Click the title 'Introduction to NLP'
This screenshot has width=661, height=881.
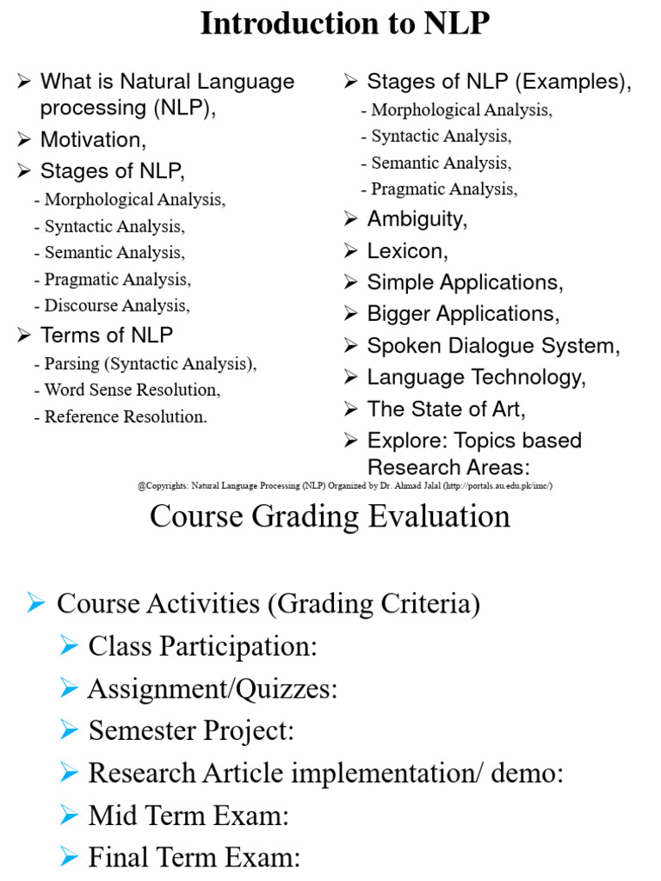344,23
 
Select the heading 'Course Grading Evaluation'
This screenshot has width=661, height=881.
330,517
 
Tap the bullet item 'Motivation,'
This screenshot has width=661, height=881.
93,139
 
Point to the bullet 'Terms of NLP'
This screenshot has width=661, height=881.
106,335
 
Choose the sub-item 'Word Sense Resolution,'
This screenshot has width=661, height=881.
132,390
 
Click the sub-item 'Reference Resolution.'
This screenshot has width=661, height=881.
126,417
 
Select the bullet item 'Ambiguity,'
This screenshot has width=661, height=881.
417,219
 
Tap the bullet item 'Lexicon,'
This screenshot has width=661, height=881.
407,251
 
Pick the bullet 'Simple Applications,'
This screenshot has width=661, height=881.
465,282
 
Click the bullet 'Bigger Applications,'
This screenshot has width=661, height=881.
463,314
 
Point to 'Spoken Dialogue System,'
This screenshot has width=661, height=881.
493,346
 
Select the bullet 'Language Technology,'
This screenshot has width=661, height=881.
476,378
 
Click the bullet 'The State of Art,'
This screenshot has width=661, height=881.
446,409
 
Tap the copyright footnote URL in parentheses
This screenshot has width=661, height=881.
498,486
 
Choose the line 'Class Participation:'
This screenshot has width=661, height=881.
202,646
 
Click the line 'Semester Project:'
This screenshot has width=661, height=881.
191,730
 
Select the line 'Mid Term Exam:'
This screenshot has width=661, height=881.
188,815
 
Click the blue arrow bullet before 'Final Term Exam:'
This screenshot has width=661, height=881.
70,856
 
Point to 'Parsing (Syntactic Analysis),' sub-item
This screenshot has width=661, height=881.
150,363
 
